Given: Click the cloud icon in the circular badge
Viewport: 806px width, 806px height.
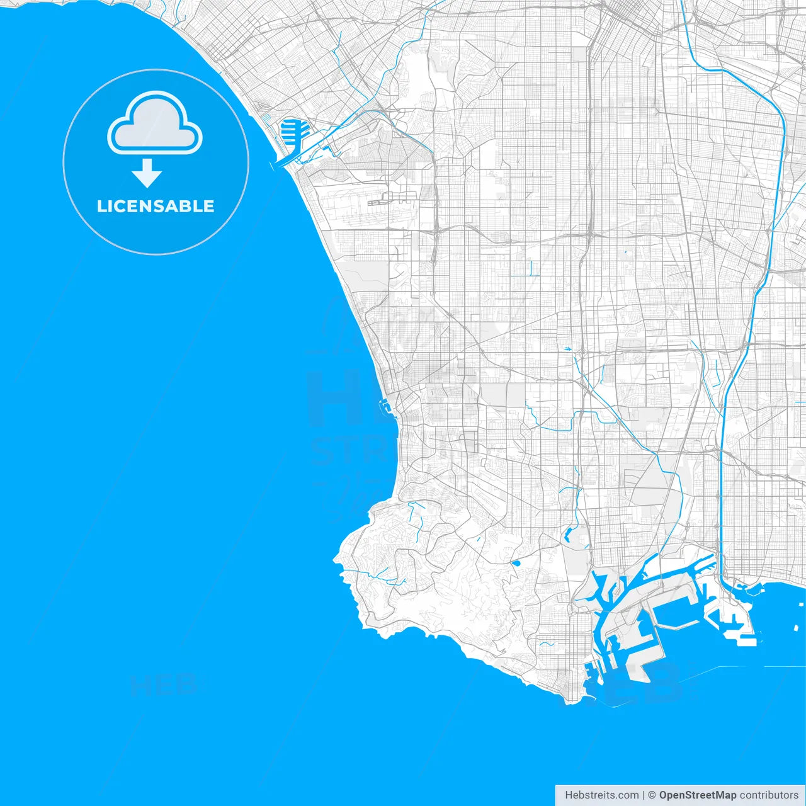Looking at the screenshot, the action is (x=155, y=124).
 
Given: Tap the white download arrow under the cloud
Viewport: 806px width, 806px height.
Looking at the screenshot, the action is (x=147, y=173).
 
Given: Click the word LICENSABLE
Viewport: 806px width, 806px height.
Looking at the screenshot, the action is (x=156, y=206).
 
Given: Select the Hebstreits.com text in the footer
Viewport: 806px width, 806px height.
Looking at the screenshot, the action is (x=602, y=795).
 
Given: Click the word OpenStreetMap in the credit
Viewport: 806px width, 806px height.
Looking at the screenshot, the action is (x=698, y=795).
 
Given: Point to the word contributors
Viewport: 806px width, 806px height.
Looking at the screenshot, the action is (x=769, y=795).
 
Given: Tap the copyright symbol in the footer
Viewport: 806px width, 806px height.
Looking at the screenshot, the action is (x=652, y=795).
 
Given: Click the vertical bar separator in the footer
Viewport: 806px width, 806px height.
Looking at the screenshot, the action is (x=644, y=795).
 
